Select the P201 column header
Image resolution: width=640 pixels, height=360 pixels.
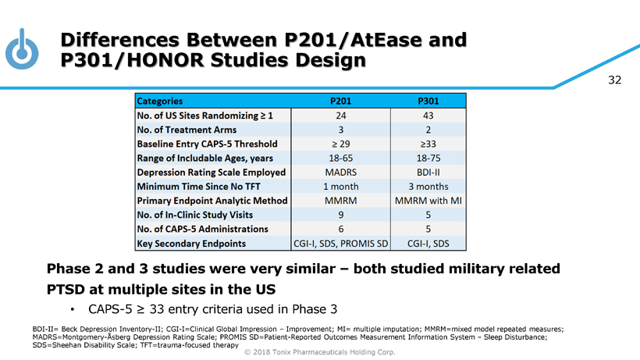tap(340, 101)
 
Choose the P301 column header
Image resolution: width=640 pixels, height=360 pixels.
tap(428, 101)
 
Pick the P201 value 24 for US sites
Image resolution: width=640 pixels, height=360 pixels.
tap(340, 115)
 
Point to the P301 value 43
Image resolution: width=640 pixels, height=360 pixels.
tap(428, 115)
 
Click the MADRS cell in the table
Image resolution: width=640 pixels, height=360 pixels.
tap(340, 172)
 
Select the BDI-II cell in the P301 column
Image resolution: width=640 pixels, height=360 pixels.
tap(428, 172)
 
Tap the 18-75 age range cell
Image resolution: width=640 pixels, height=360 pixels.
tap(428, 158)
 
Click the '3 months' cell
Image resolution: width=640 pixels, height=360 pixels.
tap(428, 187)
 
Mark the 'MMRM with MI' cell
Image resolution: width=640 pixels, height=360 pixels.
tap(428, 201)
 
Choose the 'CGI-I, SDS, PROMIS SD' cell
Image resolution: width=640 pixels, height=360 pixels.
tap(340, 244)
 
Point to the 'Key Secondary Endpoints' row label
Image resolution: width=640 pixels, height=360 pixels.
tap(191, 244)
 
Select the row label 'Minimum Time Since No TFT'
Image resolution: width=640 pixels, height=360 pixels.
tap(200, 187)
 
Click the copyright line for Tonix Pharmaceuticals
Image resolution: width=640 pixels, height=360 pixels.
tap(320, 353)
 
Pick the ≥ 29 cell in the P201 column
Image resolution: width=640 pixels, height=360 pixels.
tap(340, 144)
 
